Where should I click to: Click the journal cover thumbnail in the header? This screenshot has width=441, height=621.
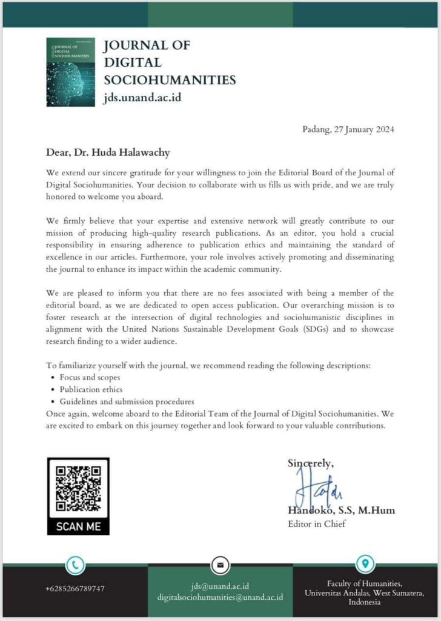point(70,72)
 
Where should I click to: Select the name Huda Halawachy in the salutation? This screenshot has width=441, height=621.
point(128,152)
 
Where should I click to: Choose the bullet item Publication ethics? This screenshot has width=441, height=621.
point(91,389)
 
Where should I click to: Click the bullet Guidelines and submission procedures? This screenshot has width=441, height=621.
point(127,401)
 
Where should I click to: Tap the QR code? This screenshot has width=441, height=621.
point(78,488)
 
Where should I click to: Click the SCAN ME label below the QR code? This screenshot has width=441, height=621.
point(78,526)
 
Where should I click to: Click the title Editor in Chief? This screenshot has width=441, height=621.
point(317,524)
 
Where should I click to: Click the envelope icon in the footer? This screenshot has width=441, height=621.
point(220,565)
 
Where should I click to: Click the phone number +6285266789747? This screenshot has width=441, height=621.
point(75,589)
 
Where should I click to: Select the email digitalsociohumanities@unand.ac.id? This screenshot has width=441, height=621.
point(220,597)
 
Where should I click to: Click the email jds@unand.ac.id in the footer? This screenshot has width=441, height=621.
point(220,586)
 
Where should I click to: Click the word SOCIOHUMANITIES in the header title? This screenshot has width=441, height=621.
point(170,80)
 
